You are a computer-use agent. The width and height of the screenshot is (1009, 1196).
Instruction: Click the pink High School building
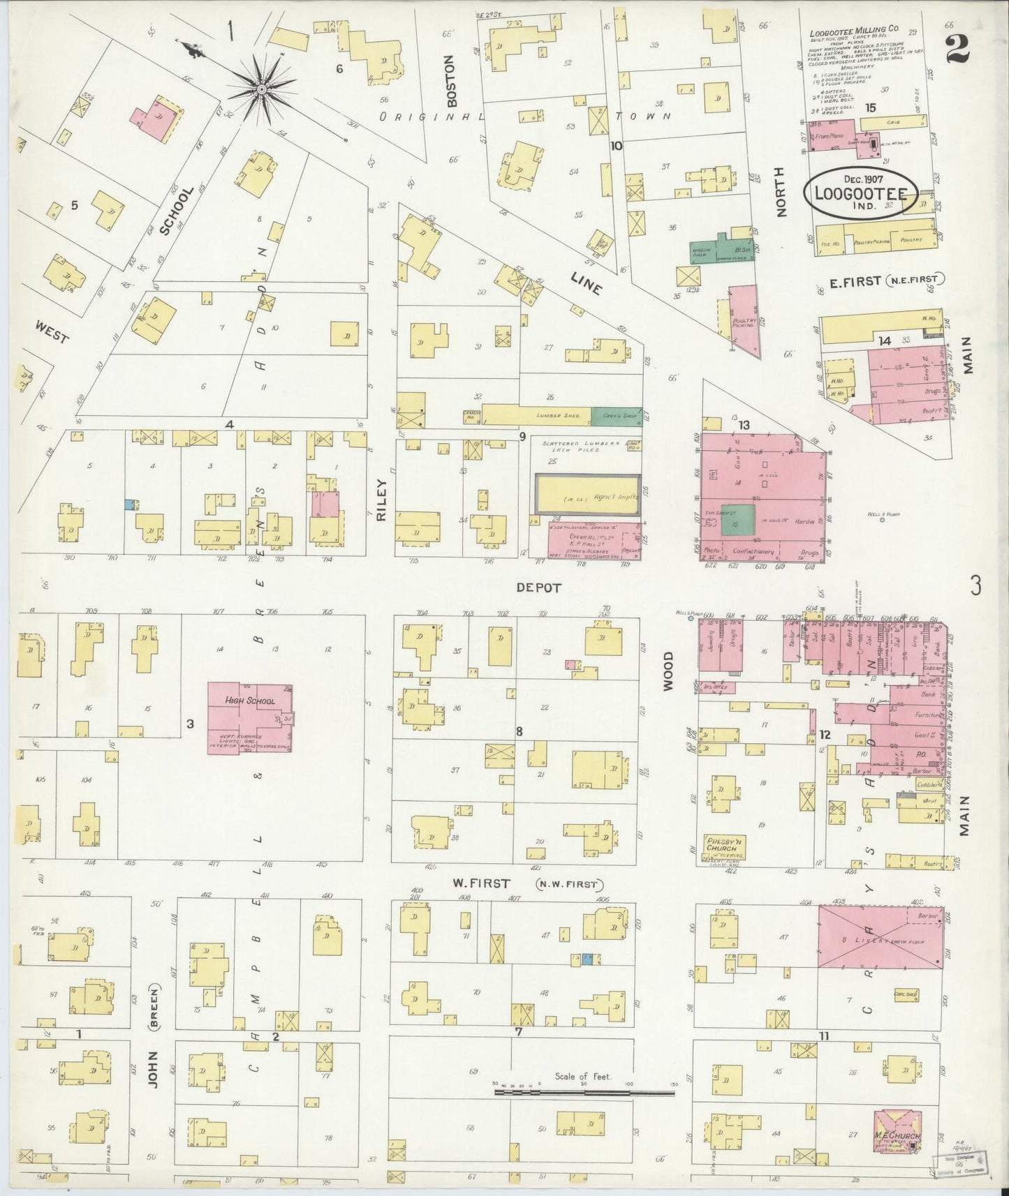[249, 717]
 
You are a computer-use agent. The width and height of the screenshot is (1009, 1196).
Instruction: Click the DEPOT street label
[538, 588]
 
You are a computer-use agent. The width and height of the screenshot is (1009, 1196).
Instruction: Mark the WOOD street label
[668, 671]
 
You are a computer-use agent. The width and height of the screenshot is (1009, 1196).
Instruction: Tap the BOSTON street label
[451, 81]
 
